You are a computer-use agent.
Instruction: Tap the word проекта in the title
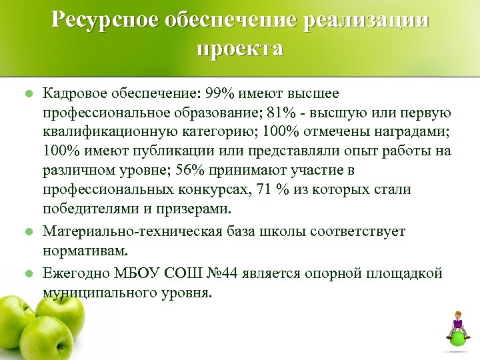pyautogui.click(x=240, y=49)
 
